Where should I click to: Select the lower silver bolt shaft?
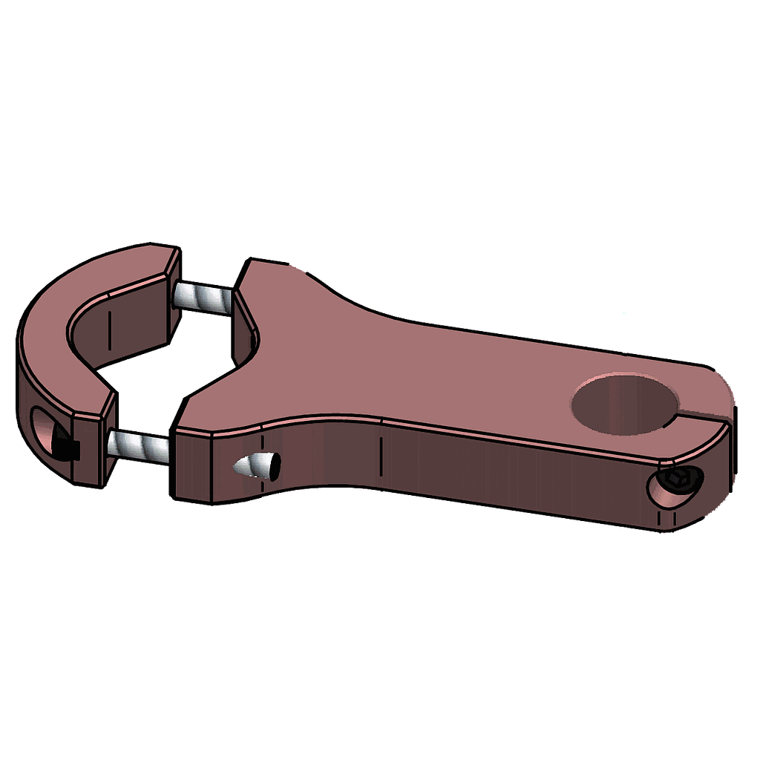(x=140, y=446)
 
